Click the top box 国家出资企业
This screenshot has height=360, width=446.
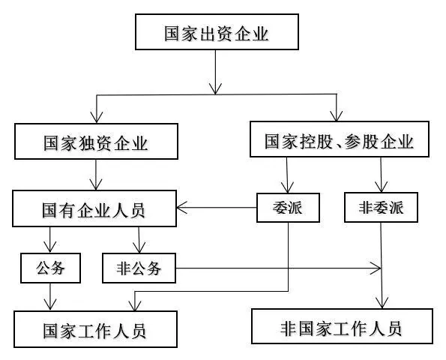tap(217, 31)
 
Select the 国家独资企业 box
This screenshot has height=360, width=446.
tap(96, 141)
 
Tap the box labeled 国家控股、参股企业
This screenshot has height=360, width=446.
tap(340, 139)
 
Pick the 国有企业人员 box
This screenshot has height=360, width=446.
tap(94, 208)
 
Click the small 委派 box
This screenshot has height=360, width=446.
tap(288, 208)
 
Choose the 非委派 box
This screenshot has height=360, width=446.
tap(381, 207)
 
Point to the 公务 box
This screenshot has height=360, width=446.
tap(50, 268)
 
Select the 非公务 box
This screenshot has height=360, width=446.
tap(139, 268)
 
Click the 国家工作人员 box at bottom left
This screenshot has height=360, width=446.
tap(95, 329)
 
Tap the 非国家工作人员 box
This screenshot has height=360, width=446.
tap(342, 326)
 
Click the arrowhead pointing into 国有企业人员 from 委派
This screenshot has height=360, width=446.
tap(181, 208)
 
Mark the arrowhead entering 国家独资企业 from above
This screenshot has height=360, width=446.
tap(97, 117)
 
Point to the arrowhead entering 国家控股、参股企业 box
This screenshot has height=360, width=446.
tap(337, 116)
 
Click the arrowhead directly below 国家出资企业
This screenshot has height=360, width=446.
tap(215, 88)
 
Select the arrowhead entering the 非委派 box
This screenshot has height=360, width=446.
tap(381, 187)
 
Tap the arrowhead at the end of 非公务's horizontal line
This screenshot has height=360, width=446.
tap(376, 268)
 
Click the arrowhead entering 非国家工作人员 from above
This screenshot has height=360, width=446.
tap(382, 303)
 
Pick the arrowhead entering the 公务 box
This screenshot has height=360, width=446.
tap(50, 247)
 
